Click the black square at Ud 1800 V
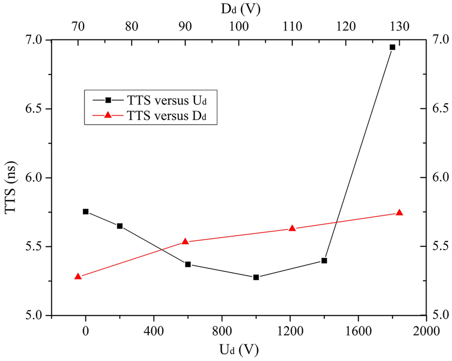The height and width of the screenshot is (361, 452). [x=393, y=47]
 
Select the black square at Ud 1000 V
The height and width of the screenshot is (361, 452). [x=256, y=277]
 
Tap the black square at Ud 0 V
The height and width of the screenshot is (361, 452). [x=86, y=211]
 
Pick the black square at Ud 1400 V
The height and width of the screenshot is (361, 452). [x=324, y=261]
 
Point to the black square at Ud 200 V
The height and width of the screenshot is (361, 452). [x=120, y=226]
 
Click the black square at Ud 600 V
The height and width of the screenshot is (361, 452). [x=188, y=265]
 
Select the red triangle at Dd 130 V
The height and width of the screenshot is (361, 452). [x=399, y=213]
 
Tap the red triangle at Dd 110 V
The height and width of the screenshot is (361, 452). [x=292, y=228]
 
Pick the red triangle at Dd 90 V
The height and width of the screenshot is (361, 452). [x=185, y=241]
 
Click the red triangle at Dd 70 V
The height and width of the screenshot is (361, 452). [x=78, y=277]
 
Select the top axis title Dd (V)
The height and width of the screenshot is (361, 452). [x=239, y=8]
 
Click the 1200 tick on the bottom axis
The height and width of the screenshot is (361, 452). [x=290, y=330]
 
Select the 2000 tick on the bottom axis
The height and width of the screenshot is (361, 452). [x=426, y=330]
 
